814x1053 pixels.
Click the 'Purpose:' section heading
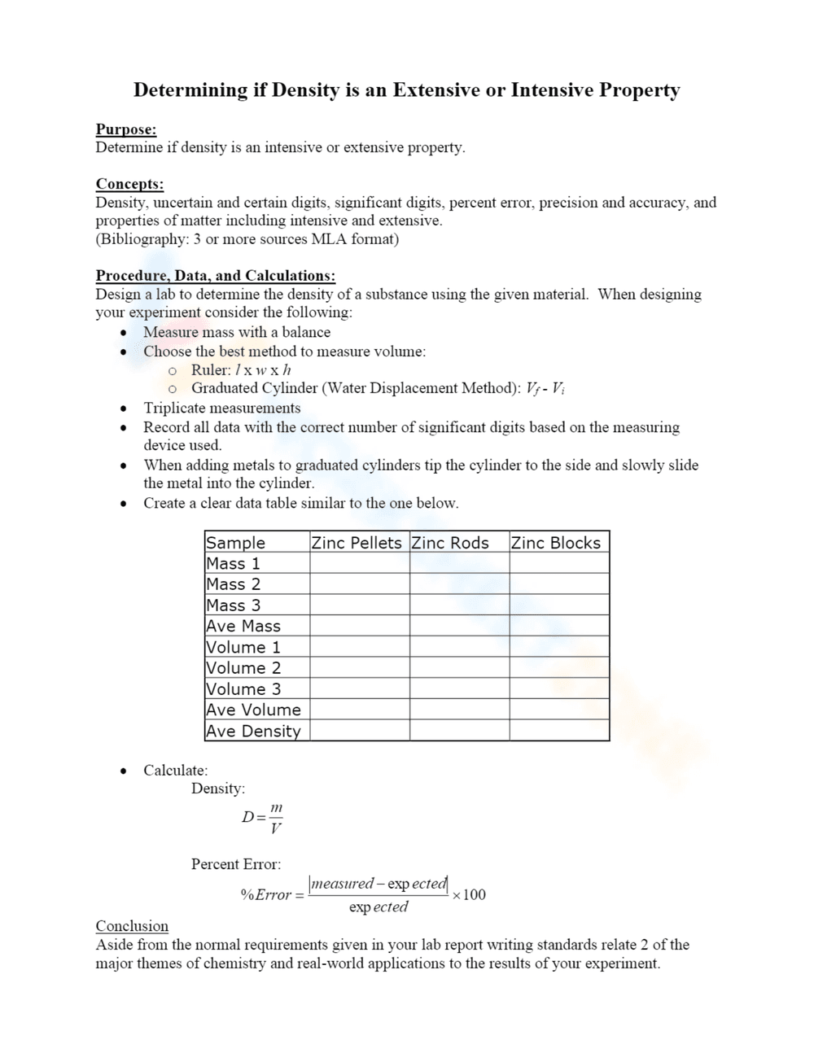126,129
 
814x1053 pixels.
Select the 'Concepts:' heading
129,184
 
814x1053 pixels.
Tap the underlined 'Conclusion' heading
132,926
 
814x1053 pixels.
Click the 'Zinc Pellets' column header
357,543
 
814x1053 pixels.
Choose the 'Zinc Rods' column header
450,543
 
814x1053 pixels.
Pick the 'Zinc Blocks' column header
556,543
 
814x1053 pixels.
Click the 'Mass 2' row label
234,584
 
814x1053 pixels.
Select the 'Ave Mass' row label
243,626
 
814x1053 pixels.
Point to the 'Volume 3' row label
243,688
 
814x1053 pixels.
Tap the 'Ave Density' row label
253,731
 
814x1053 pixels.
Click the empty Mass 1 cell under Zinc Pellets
359,563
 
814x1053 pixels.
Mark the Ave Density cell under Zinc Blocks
559,731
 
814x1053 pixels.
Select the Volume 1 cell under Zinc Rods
459,647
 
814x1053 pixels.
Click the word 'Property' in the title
639,90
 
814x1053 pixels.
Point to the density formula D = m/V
263,818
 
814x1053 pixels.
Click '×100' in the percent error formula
469,895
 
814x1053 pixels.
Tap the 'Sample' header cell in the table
236,543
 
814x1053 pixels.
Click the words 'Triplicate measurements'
222,408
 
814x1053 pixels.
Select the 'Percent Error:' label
236,864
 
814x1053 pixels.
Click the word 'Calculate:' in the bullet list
176,770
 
